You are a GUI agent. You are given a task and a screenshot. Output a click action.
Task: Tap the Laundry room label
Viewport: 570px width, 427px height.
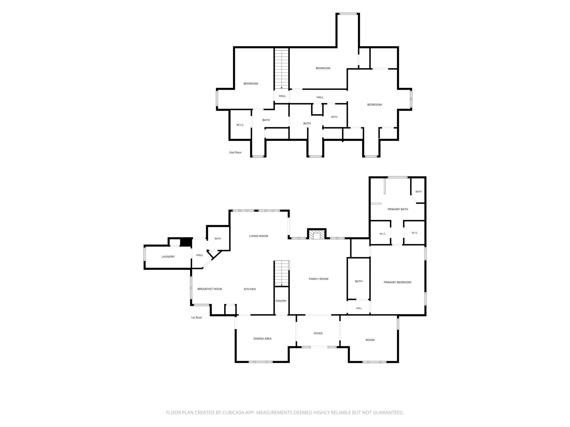(168, 257)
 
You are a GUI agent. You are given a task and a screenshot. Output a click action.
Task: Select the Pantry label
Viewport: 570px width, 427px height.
(281, 301)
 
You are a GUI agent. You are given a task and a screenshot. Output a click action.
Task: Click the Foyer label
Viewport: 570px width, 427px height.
(318, 334)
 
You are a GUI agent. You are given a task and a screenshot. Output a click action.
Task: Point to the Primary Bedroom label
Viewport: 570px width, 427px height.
(397, 282)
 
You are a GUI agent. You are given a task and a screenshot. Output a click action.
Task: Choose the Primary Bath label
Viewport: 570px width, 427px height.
(398, 209)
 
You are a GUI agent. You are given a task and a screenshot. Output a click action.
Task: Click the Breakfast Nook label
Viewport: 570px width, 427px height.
(210, 289)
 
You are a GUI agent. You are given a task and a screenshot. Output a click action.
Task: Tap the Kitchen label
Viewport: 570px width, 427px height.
(250, 289)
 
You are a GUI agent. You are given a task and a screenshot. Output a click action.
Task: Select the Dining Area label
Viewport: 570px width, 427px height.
(262, 339)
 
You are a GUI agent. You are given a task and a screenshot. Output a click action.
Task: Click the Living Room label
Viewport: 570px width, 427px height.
(258, 236)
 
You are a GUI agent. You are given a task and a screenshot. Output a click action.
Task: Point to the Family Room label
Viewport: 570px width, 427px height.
(318, 279)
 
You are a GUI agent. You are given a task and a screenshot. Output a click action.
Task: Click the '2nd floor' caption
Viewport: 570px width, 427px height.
(235, 152)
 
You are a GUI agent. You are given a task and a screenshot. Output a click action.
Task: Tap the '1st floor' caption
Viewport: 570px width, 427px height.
(196, 318)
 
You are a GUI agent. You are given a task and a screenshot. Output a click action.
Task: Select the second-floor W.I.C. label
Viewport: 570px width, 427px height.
(240, 125)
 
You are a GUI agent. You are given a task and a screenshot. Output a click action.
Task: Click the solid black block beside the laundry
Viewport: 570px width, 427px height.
(186, 242)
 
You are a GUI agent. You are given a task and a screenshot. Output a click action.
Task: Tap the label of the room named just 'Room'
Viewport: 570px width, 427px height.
(370, 340)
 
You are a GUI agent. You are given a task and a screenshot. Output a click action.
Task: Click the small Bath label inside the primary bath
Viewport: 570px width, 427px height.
(418, 192)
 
